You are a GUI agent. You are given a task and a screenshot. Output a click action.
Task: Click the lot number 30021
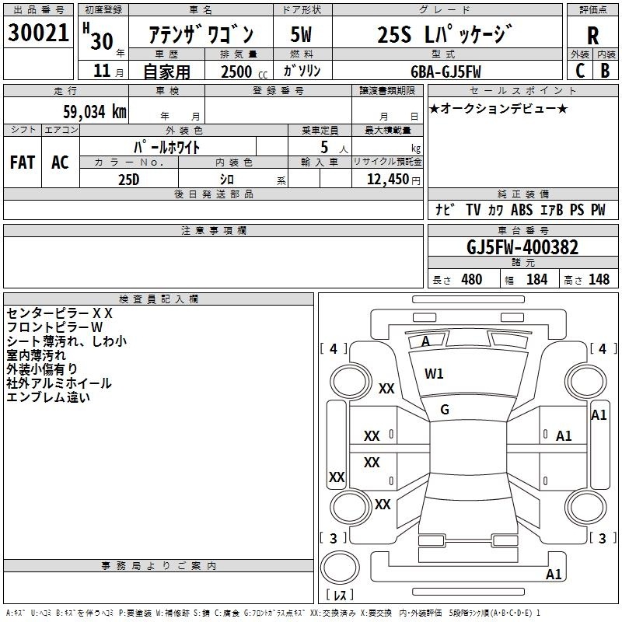click(38, 33)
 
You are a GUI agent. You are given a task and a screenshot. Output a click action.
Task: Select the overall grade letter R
click(592, 36)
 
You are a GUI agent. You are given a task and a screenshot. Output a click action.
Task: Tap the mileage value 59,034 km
click(95, 111)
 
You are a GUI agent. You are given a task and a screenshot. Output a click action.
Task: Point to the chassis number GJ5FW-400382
click(522, 247)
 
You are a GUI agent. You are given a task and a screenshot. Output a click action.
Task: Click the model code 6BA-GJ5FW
click(446, 72)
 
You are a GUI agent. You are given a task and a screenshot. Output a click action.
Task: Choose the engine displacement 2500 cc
click(244, 72)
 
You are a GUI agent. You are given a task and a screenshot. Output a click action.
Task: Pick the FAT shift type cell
click(23, 162)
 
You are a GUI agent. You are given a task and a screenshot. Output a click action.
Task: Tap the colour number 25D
click(128, 180)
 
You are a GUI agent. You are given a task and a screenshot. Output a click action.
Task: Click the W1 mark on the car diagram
click(434, 373)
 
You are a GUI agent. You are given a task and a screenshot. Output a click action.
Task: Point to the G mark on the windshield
click(445, 410)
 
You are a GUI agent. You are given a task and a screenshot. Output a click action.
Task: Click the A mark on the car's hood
click(425, 341)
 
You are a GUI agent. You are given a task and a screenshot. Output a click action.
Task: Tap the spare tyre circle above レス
click(340, 568)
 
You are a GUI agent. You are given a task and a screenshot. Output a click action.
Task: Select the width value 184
click(536, 280)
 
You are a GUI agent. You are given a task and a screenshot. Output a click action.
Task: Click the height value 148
click(599, 280)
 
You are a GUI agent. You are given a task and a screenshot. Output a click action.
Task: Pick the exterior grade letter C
click(580, 71)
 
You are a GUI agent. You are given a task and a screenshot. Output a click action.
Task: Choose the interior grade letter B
click(605, 71)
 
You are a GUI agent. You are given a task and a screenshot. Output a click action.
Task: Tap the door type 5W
click(301, 34)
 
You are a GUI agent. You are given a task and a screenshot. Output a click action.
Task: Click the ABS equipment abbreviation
click(522, 210)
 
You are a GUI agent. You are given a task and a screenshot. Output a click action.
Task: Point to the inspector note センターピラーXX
click(60, 313)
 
